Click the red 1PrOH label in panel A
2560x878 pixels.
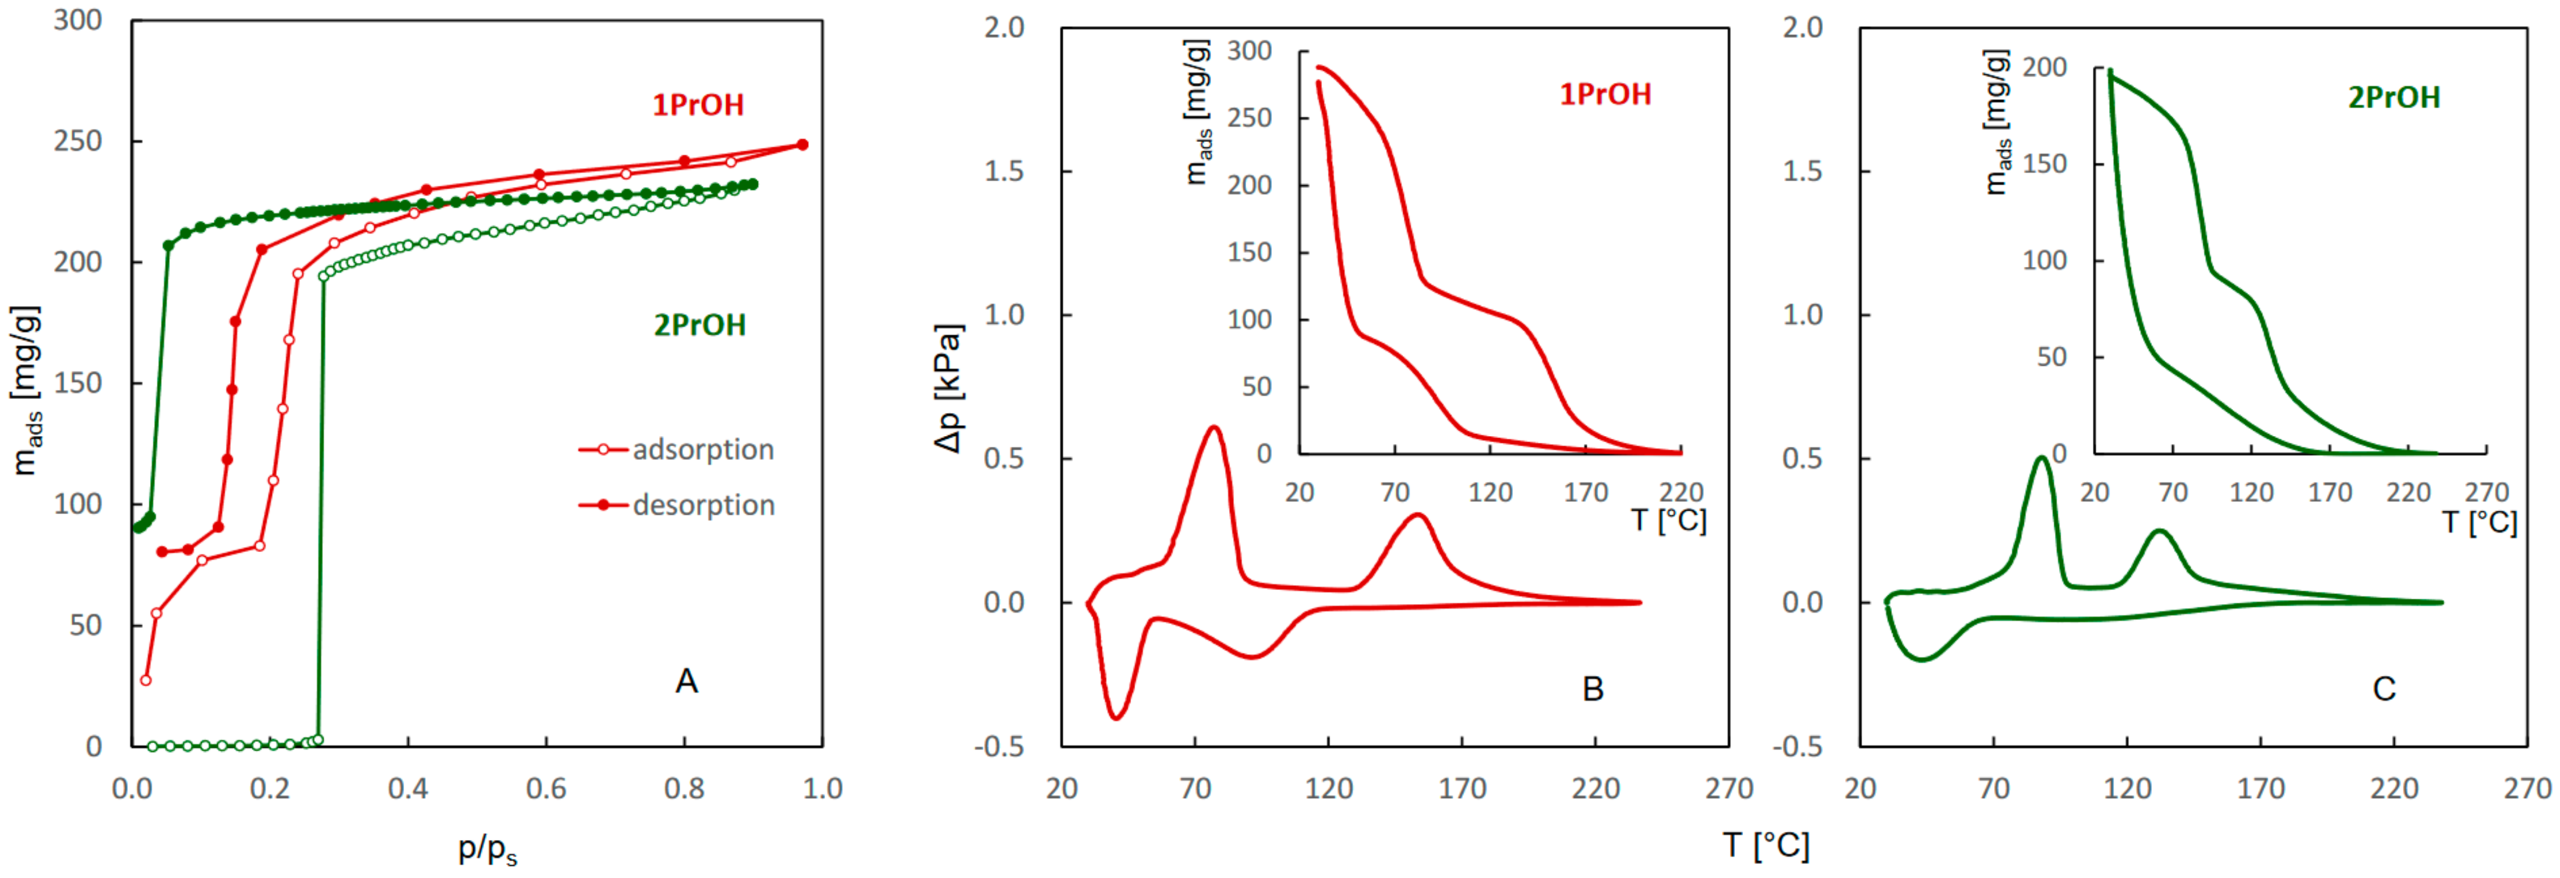[698, 105]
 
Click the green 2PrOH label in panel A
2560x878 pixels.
[700, 325]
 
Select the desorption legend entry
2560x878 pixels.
[702, 505]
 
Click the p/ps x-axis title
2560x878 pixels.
[487, 848]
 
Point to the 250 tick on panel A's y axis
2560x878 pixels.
[78, 141]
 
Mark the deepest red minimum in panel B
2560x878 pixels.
[1117, 717]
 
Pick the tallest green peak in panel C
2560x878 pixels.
[2041, 459]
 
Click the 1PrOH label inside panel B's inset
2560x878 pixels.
[1605, 95]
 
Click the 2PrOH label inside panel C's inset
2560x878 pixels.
[2394, 98]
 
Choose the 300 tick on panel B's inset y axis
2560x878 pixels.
[1249, 51]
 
